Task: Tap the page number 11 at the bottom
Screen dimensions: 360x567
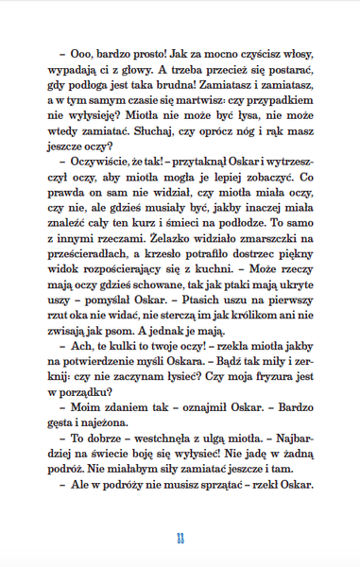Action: (x=179, y=539)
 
